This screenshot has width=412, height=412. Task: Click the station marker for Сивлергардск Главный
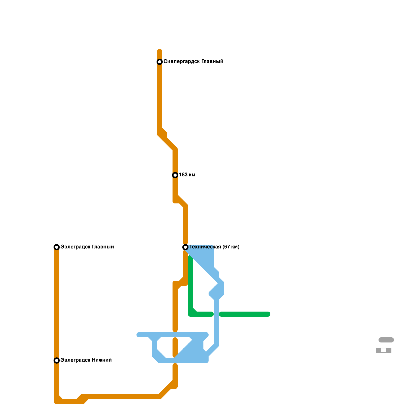click(x=160, y=62)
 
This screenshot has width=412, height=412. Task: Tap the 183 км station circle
click(x=175, y=175)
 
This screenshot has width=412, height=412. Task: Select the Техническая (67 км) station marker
click(x=185, y=247)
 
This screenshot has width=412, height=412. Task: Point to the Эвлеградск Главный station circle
click(x=57, y=247)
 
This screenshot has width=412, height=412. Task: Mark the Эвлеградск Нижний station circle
click(x=57, y=360)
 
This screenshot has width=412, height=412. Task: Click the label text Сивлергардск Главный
click(x=193, y=62)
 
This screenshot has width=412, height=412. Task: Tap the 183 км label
click(x=187, y=175)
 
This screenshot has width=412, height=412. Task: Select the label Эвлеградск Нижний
click(x=86, y=360)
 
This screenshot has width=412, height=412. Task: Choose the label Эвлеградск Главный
click(x=87, y=247)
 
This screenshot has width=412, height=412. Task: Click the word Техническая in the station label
click(x=205, y=247)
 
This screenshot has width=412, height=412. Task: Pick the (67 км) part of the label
click(x=231, y=247)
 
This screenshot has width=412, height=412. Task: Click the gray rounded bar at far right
click(x=386, y=340)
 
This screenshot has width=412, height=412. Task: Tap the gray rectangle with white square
click(x=384, y=350)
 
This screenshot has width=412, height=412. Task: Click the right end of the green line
click(x=268, y=314)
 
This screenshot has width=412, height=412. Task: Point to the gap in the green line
click(x=216, y=314)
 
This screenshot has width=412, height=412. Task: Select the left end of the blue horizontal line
click(x=139, y=335)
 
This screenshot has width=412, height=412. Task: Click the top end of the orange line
click(x=160, y=51)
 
